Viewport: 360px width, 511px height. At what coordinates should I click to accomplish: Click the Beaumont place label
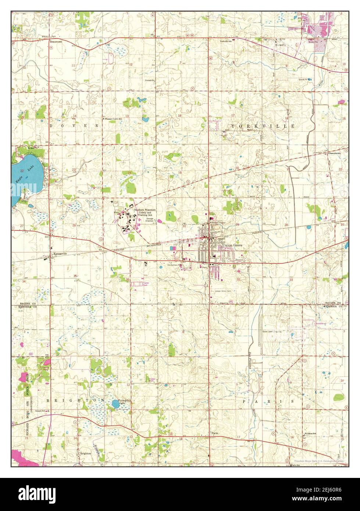(56, 42)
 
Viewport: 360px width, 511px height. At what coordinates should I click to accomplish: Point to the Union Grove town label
(233, 245)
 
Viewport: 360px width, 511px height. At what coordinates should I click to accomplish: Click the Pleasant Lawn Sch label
(114, 119)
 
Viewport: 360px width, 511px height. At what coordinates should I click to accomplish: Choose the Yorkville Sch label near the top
(226, 42)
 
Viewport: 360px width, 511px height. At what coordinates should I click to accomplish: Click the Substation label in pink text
(321, 323)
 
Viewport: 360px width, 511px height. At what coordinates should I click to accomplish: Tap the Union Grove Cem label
(223, 291)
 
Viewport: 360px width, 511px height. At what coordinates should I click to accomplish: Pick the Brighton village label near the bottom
(85, 454)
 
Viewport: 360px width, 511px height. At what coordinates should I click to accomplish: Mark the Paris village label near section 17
(215, 433)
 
